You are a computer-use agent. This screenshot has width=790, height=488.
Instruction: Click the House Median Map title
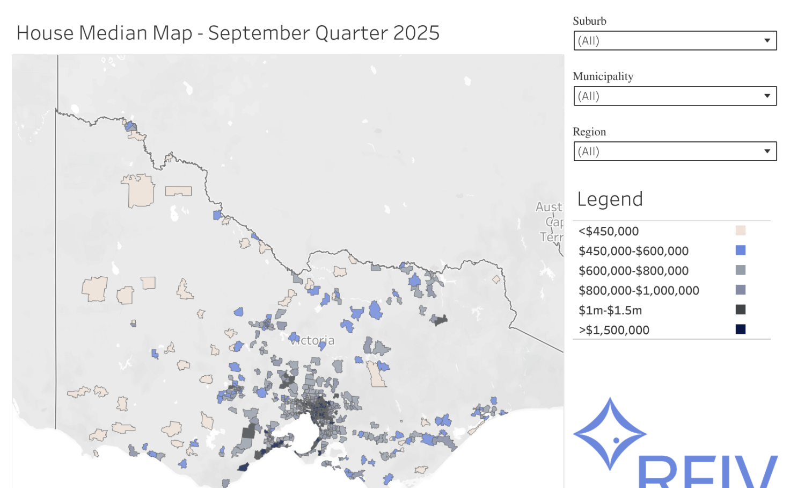point(228,33)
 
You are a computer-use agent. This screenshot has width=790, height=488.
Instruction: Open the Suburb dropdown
point(675,41)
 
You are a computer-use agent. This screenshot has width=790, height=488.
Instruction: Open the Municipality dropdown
point(675,96)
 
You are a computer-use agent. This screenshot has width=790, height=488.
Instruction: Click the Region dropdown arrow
point(767,152)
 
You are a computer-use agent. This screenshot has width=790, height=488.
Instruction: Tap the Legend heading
point(610,199)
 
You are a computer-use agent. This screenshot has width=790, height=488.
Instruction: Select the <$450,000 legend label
point(609,231)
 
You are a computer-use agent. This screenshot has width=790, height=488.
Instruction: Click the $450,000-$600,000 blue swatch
point(740,250)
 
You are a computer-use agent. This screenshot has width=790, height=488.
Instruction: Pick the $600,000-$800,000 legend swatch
point(740,270)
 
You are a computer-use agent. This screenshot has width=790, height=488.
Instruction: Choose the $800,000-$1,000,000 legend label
point(639,291)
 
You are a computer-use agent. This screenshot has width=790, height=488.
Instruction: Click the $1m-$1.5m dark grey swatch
point(740,310)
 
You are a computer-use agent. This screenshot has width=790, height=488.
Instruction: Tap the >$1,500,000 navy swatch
point(740,329)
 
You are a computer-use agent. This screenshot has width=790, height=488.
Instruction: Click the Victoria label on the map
point(313,341)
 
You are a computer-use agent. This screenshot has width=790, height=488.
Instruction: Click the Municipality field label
point(603,76)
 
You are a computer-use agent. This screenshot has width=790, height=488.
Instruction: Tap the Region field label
point(589,132)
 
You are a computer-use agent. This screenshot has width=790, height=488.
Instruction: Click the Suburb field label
point(589,21)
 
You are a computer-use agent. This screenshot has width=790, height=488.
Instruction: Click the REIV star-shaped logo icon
point(610,434)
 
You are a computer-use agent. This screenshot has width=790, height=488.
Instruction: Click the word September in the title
point(259,33)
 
